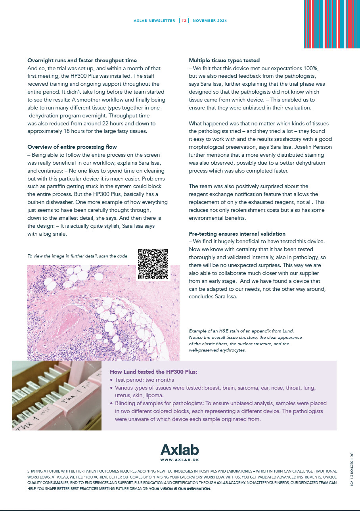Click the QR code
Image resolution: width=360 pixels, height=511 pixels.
pos(153,264)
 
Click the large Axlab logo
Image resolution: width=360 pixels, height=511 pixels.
pos(180,450)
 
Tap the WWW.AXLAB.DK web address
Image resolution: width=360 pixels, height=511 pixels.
pos(180,460)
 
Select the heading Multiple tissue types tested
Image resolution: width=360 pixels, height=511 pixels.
pos(224,60)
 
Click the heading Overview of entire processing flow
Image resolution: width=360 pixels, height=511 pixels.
pos(72,147)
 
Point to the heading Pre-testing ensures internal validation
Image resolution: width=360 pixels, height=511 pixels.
pos(237,234)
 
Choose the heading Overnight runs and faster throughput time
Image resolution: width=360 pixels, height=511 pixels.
pos(82,60)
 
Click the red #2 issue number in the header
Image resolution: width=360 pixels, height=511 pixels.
pos(184,21)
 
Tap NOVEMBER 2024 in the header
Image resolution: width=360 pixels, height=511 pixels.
pos(210,21)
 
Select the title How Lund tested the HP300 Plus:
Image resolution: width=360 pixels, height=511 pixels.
pos(153,372)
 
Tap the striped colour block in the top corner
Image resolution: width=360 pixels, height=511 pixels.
pos(331,24)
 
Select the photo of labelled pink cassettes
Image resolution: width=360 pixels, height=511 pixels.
pos(57,396)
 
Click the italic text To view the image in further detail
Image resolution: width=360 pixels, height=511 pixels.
pos(77,256)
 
